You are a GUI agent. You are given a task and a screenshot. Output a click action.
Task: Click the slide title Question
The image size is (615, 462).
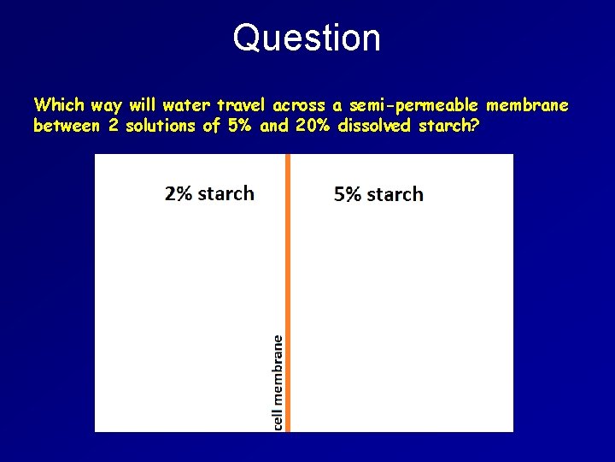tap(307, 38)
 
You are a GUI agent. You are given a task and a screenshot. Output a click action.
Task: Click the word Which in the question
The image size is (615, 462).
tap(58, 105)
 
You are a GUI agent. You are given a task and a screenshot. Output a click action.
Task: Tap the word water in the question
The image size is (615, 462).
tap(187, 105)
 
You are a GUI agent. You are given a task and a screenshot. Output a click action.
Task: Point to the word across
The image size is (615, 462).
tap(300, 105)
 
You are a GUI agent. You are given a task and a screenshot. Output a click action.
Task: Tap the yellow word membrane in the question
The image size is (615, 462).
tap(527, 105)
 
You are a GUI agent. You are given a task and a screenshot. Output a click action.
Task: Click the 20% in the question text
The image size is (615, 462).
tap(313, 127)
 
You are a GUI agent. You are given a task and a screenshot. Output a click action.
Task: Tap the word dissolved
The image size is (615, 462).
tap(378, 127)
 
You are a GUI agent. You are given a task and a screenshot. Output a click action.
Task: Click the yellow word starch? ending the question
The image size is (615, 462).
tap(449, 127)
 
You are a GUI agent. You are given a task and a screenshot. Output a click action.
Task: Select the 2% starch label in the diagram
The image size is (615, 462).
tap(209, 193)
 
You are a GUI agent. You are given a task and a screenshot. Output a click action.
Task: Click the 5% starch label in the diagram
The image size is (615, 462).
tap(378, 194)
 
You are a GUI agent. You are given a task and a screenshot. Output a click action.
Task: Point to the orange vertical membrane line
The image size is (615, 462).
tap(289, 257)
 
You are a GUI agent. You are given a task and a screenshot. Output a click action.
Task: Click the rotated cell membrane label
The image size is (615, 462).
tap(278, 382)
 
